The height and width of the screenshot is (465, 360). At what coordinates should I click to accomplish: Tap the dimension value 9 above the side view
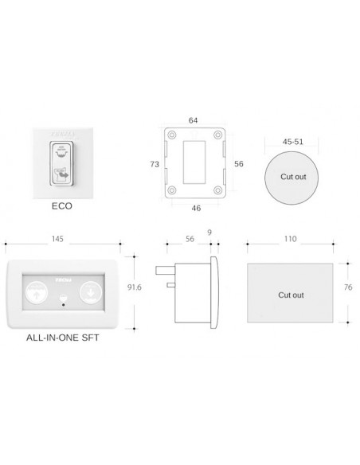(x=209, y=232)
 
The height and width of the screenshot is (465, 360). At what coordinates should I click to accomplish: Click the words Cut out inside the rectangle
(x=291, y=295)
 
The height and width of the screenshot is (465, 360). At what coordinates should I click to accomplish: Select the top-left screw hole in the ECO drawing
(x=171, y=135)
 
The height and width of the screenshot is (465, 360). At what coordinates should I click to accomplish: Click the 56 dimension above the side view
(x=189, y=237)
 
